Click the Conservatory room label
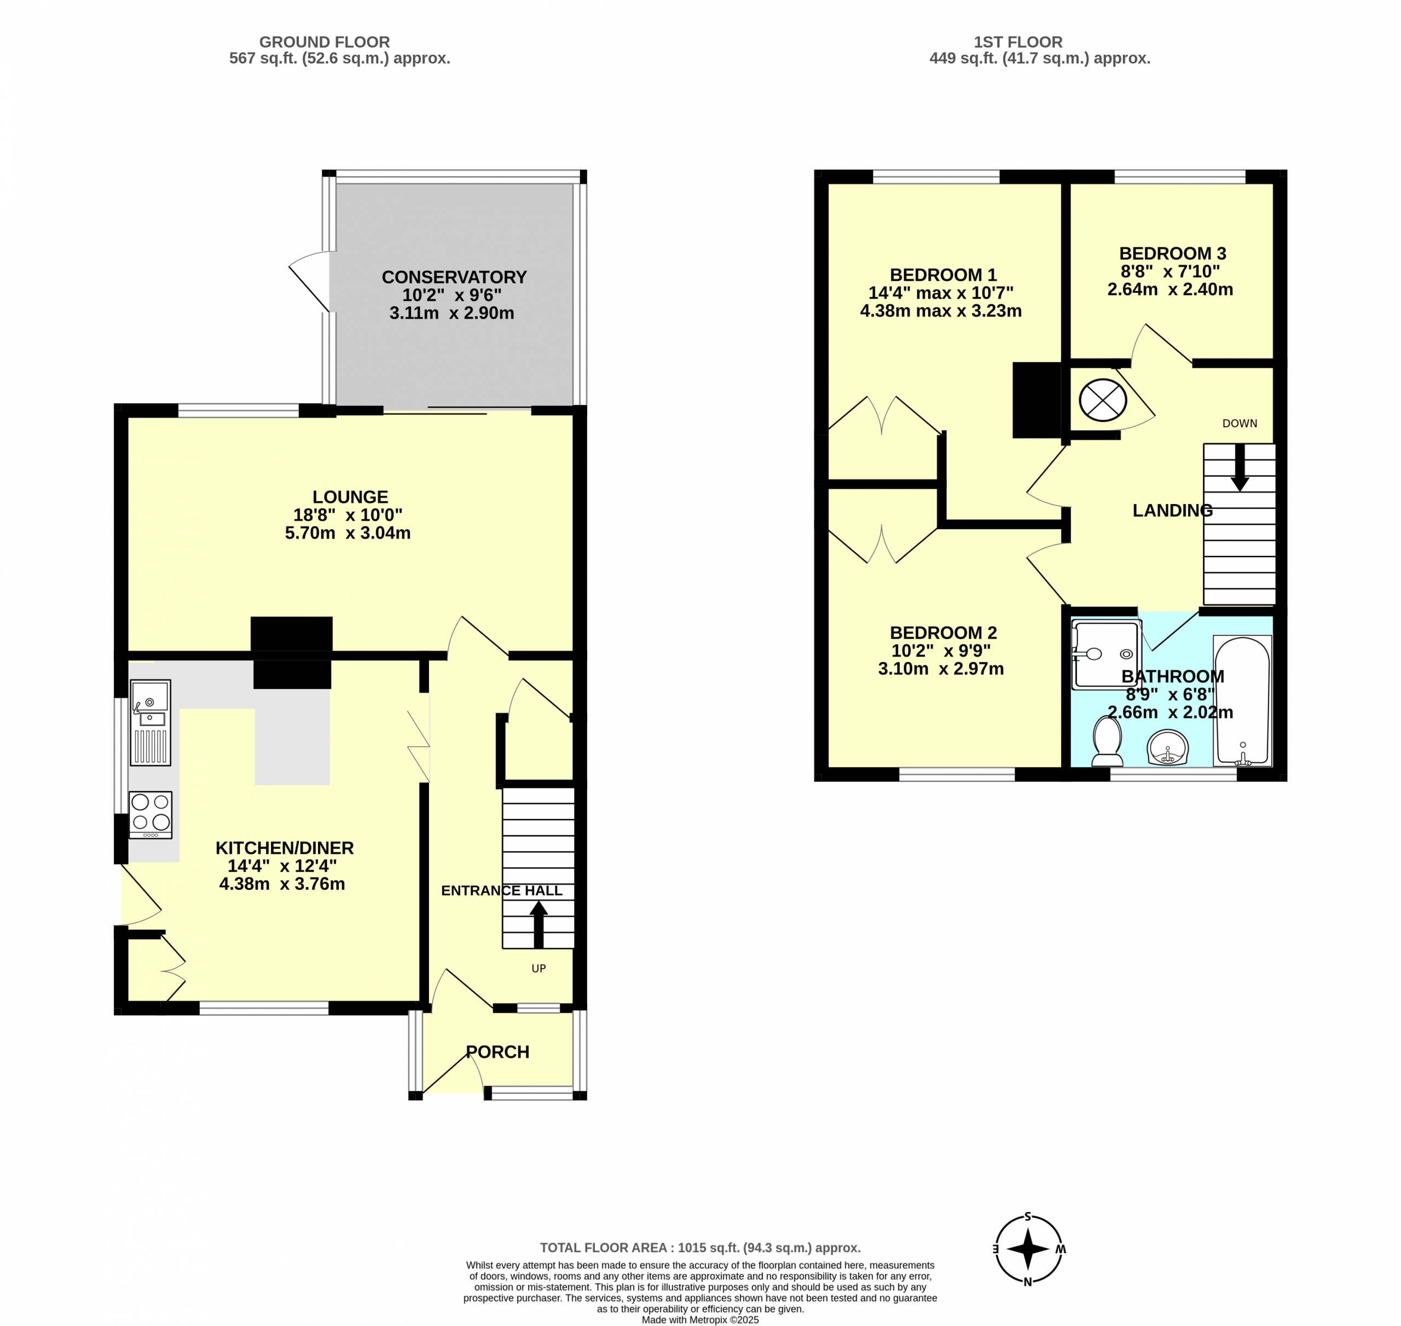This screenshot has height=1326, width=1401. coord(454,277)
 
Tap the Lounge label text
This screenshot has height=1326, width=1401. coord(351,497)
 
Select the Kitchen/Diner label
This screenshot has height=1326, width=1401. coord(284,848)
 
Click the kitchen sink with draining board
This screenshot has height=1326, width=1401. coord(150,722)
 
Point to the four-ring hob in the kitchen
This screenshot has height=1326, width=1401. coord(150,815)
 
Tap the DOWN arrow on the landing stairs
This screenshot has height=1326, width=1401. coord(1240,467)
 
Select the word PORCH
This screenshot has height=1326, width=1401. coord(497,1052)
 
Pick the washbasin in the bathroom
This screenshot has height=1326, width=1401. coord(1168,747)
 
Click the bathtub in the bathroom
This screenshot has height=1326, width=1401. coord(1242,700)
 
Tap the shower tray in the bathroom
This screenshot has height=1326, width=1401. coord(1106,654)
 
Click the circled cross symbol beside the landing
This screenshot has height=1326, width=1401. coord(1103,400)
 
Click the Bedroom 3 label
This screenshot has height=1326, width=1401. coord(1173,253)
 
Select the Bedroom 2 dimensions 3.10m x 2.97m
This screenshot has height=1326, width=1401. coord(941,669)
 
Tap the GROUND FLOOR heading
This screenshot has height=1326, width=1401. coord(325,42)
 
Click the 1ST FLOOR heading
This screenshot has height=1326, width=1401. coord(1018,42)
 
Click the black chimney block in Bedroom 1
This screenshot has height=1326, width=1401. coord(1037,400)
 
